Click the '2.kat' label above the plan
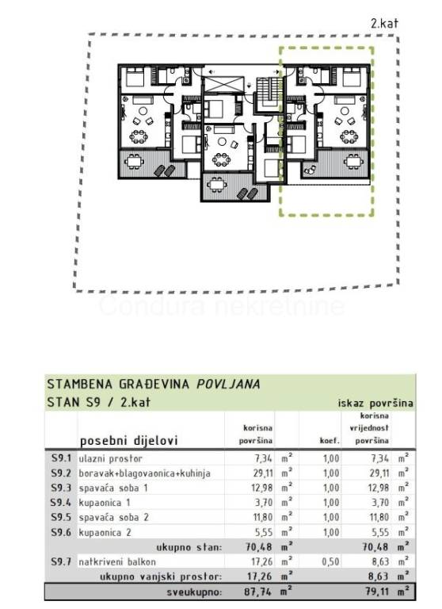384,23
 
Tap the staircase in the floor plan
269,90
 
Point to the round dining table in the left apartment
139,136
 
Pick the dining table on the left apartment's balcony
134,161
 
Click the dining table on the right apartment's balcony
353,161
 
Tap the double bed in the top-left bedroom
135,76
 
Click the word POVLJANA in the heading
228,384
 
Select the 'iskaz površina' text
375,403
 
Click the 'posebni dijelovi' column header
128,440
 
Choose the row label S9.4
61,503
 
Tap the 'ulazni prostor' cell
111,458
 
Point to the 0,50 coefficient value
330,561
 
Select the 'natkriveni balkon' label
117,561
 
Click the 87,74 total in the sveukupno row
258,592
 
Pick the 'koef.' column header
330,441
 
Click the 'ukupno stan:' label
189,547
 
